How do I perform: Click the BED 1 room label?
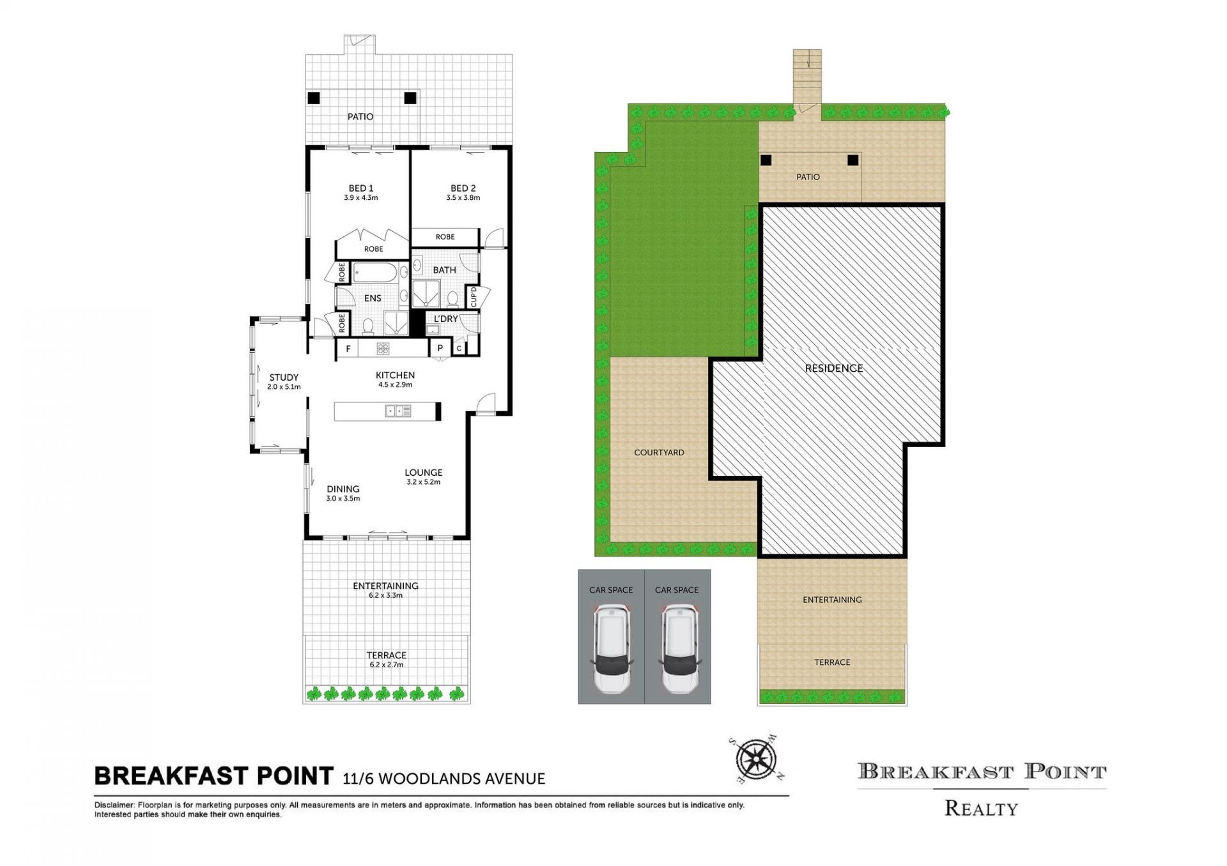coord(361,188)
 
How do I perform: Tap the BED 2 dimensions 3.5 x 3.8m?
coord(463,198)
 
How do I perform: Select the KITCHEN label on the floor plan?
coord(395,375)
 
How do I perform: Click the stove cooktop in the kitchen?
coord(383,348)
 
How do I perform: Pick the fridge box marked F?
coord(348,349)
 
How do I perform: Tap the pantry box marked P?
coord(440,348)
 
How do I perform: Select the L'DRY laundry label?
coord(445,319)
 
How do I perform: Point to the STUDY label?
coord(284,377)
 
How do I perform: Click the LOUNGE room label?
coord(423,473)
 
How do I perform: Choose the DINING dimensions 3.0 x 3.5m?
coord(343,499)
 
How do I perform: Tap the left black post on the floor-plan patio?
coord(313,98)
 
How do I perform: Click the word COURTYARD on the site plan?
coord(659,452)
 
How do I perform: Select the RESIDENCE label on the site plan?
coord(834,368)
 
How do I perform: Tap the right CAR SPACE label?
coord(677,590)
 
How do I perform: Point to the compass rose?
coord(756,760)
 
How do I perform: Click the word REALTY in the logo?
coord(981,809)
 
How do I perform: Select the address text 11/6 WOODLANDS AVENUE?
coord(444,779)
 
